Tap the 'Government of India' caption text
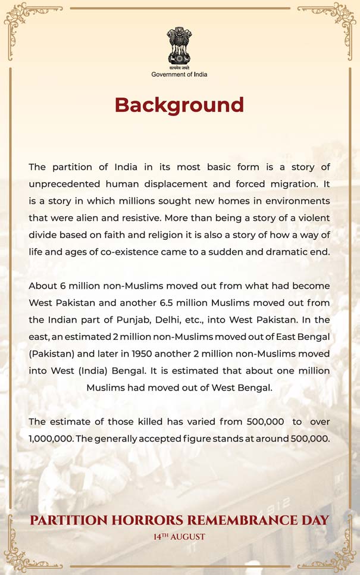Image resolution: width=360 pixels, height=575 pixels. pos(179,74)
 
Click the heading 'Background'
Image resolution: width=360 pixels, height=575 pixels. pos(179,105)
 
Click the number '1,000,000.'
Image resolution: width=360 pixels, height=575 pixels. pos(51,439)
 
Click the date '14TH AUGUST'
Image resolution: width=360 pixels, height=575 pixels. pos(179,537)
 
